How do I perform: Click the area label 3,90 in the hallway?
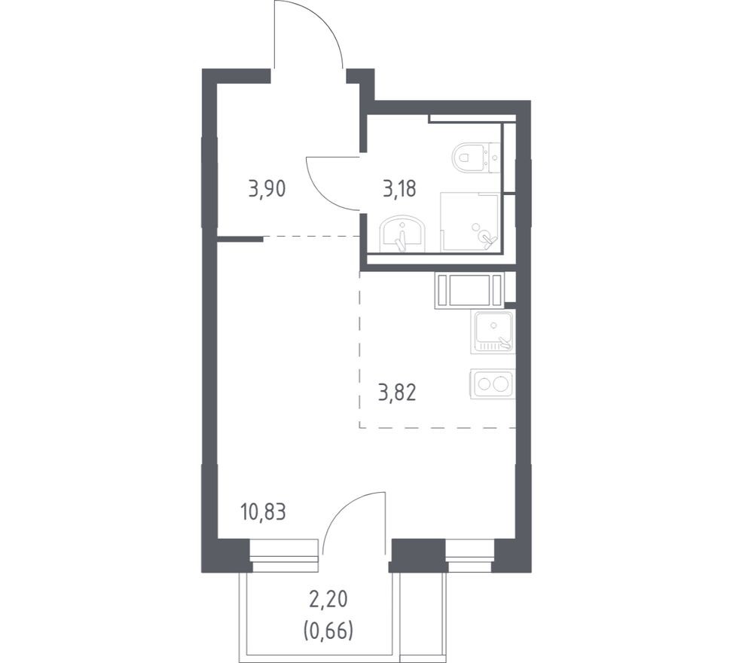point(267,188)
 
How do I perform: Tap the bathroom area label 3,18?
point(401,188)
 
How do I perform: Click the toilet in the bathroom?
point(472,157)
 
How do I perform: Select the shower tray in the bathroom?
point(469,222)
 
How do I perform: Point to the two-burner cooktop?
point(492,383)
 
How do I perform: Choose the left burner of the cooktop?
point(483,383)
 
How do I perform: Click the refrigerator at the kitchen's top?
point(469,291)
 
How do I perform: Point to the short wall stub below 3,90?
point(240,239)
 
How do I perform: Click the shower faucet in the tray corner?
point(490,239)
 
